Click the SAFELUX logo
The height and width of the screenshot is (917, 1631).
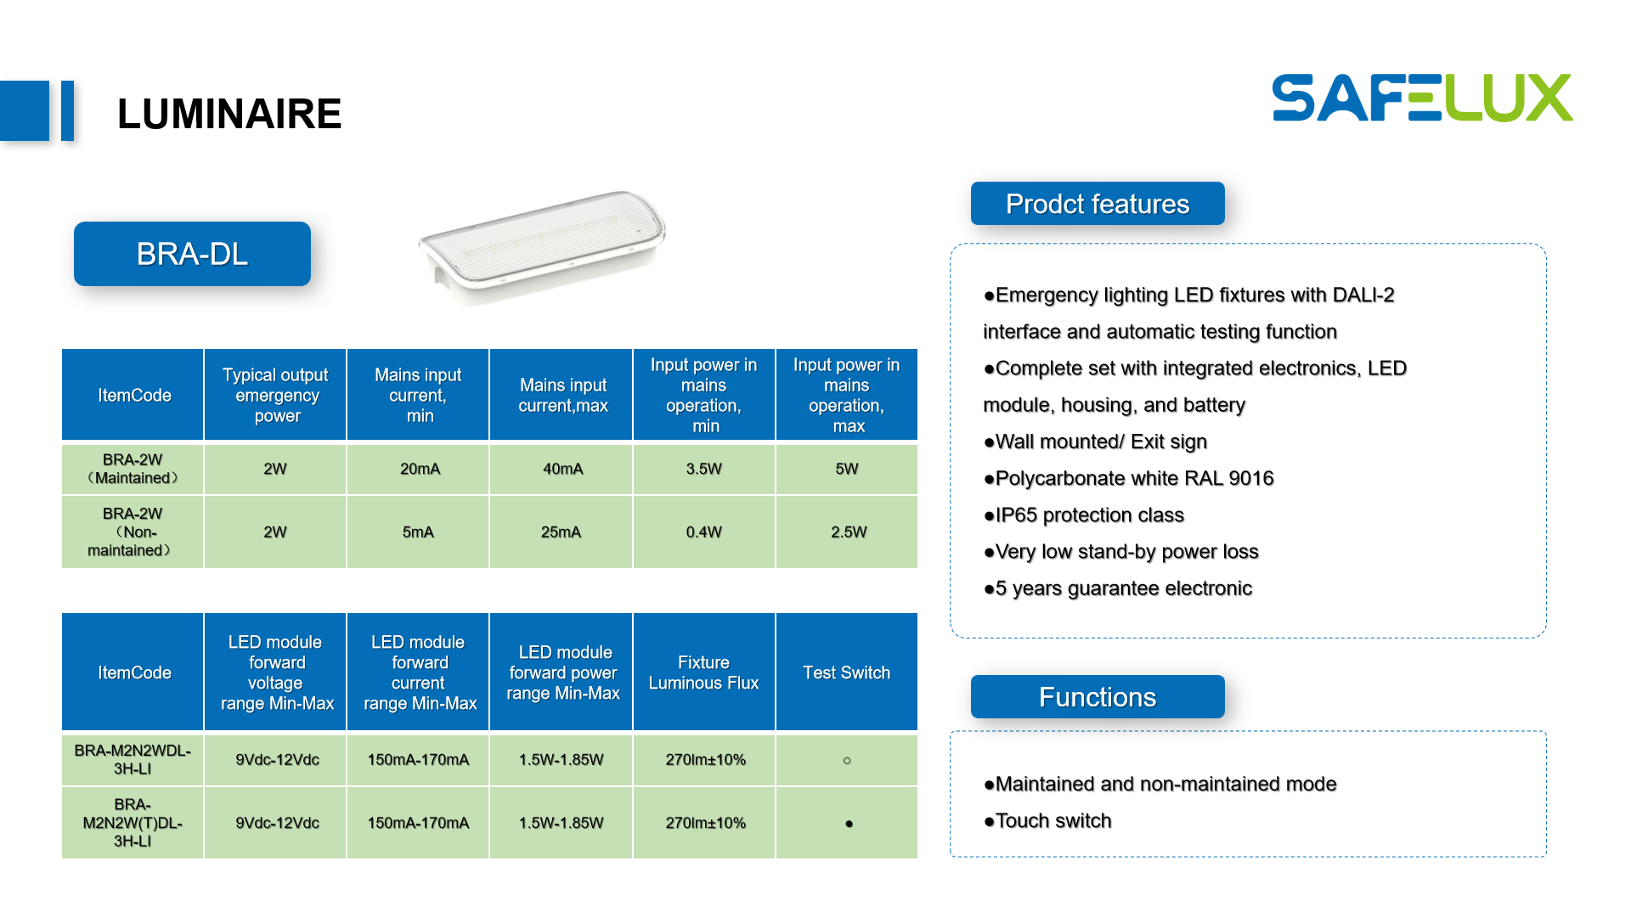tap(1422, 98)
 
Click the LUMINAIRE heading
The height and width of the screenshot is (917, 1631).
tap(229, 114)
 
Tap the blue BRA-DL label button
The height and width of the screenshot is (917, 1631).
tap(192, 254)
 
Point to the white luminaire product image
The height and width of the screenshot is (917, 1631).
tap(542, 247)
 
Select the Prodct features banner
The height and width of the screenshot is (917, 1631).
tap(1098, 204)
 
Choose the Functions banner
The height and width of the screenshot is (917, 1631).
tap(1098, 697)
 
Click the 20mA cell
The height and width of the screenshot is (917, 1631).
tap(418, 469)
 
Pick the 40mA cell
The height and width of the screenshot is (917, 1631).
tap(562, 469)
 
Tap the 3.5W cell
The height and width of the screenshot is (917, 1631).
tap(704, 469)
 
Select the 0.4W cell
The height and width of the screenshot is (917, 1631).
tap(704, 532)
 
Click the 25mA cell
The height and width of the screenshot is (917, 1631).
tap(562, 532)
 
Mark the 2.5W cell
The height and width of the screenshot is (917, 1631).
tap(847, 532)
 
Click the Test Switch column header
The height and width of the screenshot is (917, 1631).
tap(847, 672)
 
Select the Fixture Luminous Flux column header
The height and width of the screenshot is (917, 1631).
tap(704, 672)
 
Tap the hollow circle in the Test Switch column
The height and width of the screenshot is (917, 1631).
tap(847, 761)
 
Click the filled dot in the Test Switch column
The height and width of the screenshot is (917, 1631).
tap(849, 824)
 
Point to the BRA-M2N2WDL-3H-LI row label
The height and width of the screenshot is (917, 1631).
tap(133, 760)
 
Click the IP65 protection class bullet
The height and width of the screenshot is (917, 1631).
tap(1083, 515)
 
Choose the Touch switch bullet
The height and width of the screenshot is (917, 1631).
tap(1047, 821)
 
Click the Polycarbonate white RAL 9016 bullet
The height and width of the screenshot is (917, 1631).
tap(1128, 479)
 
